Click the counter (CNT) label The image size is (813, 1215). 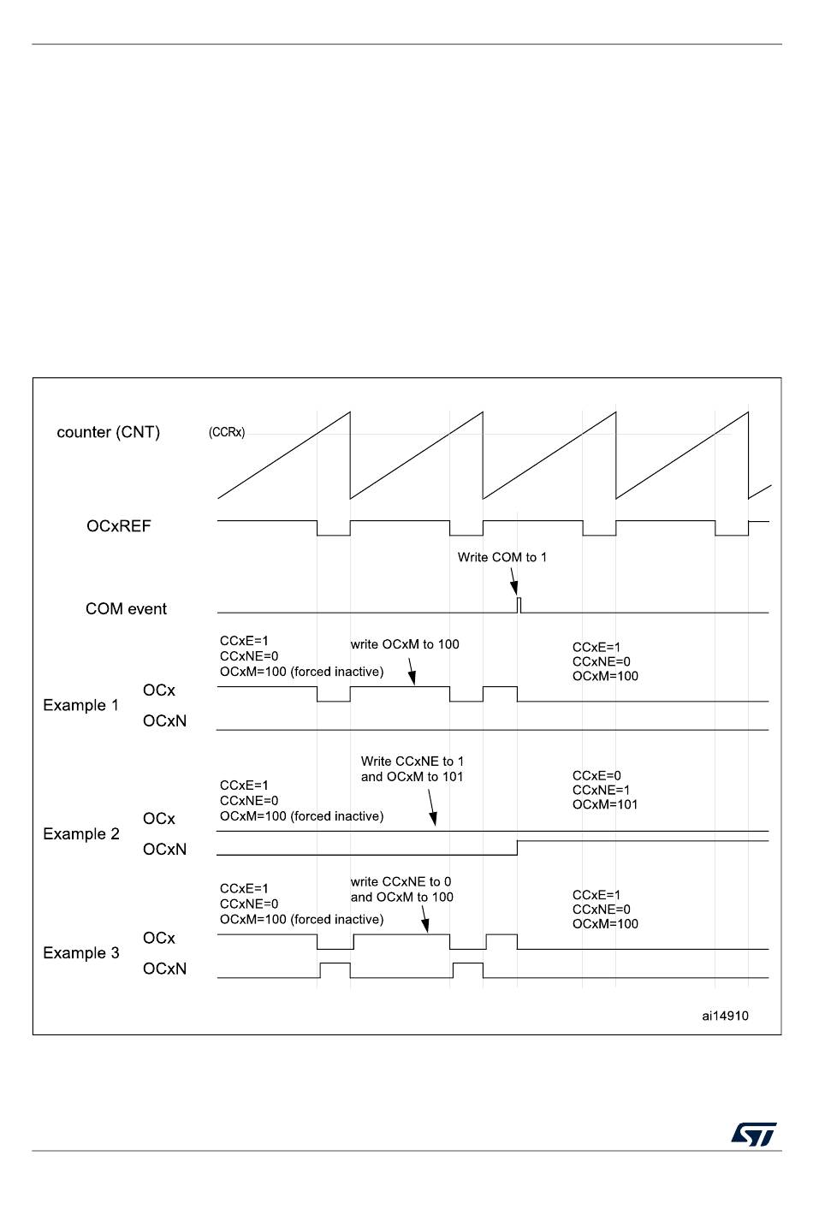pos(108,432)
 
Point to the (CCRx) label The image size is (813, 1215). pos(227,432)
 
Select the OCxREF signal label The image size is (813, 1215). pos(118,526)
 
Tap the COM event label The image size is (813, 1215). pos(126,608)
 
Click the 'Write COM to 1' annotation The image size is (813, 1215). pos(501,557)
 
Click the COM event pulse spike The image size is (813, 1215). pos(519,604)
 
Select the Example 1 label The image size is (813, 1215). pos(80,705)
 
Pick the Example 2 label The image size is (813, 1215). pos(81,833)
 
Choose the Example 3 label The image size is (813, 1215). pos(81,952)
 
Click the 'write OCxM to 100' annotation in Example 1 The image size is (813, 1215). pos(405,644)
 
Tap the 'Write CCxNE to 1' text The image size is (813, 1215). pos(412,761)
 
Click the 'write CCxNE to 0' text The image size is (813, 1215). pos(401,881)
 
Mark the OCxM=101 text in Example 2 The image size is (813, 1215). pos(605,804)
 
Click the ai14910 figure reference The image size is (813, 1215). pos(725,1016)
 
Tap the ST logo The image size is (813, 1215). pos(753,1135)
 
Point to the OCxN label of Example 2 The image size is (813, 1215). pos(164,849)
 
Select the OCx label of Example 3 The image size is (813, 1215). pos(158,938)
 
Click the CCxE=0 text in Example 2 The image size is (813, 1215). pos(596,775)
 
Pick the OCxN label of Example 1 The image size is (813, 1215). pos(164,720)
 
